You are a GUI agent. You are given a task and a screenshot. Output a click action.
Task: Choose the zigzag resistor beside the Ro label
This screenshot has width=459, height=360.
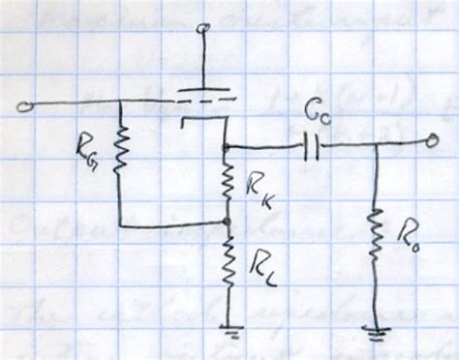[x=375, y=241]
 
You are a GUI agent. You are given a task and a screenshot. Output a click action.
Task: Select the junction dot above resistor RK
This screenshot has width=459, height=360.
[x=225, y=148]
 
